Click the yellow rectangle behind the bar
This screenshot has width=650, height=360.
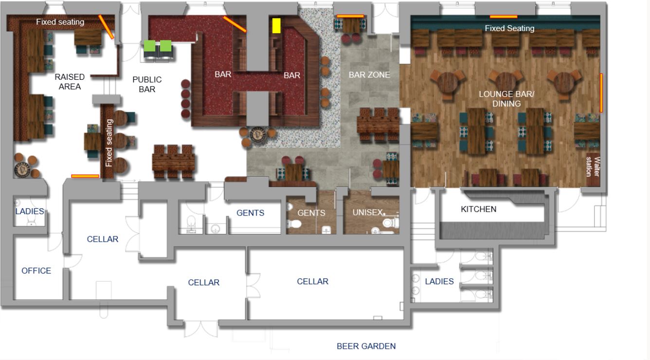(276, 25)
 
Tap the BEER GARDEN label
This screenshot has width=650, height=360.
(366, 346)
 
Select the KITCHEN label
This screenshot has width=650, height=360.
(478, 209)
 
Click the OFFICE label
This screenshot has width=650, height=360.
(36, 271)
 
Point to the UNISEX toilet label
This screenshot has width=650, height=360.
(368, 213)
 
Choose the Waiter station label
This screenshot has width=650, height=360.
(592, 166)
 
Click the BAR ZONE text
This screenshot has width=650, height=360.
(369, 75)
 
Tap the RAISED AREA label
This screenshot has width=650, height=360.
(70, 82)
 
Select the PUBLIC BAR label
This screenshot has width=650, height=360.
(147, 84)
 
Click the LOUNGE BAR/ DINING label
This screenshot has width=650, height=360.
(506, 99)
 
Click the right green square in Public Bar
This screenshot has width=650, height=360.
(166, 46)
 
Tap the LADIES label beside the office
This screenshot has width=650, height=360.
(29, 212)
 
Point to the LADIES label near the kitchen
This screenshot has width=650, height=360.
(439, 281)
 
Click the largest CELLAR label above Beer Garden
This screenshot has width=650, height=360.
(312, 281)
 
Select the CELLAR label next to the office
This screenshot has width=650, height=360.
(102, 239)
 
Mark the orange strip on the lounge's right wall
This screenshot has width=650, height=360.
(601, 92)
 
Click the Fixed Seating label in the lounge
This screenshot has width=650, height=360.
(509, 29)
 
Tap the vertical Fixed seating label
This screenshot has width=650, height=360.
(109, 143)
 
